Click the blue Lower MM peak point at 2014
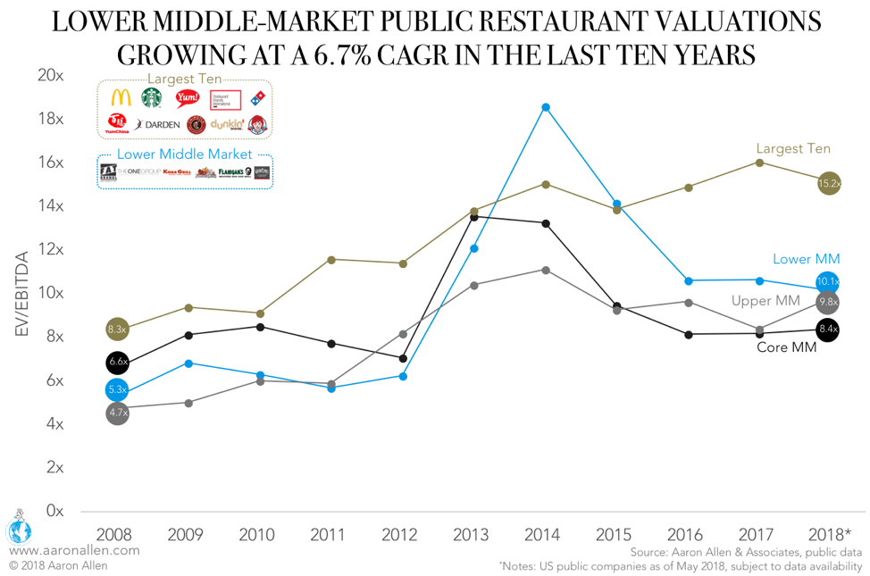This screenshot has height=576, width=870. point(545,107)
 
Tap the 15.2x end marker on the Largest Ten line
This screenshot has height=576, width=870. point(829,184)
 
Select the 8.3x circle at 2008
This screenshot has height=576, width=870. point(117,330)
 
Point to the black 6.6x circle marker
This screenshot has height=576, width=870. point(117,363)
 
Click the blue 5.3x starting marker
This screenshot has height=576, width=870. point(117,389)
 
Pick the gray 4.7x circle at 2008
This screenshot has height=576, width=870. point(117,413)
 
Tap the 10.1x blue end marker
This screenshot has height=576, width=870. point(829,283)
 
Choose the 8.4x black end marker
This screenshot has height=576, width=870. point(829,330)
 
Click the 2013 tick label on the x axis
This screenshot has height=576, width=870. point(471,535)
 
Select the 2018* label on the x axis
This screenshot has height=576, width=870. point(829,535)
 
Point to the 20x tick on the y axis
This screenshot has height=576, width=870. point(51,76)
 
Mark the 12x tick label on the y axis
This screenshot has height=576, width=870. point(51,250)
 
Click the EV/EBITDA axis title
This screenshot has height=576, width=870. point(21,294)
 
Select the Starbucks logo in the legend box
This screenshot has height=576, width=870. point(152,98)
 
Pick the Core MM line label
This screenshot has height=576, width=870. point(785,347)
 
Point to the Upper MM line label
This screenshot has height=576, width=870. point(765,301)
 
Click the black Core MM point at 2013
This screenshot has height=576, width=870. point(474,217)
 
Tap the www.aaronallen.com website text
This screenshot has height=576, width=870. point(75,550)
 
